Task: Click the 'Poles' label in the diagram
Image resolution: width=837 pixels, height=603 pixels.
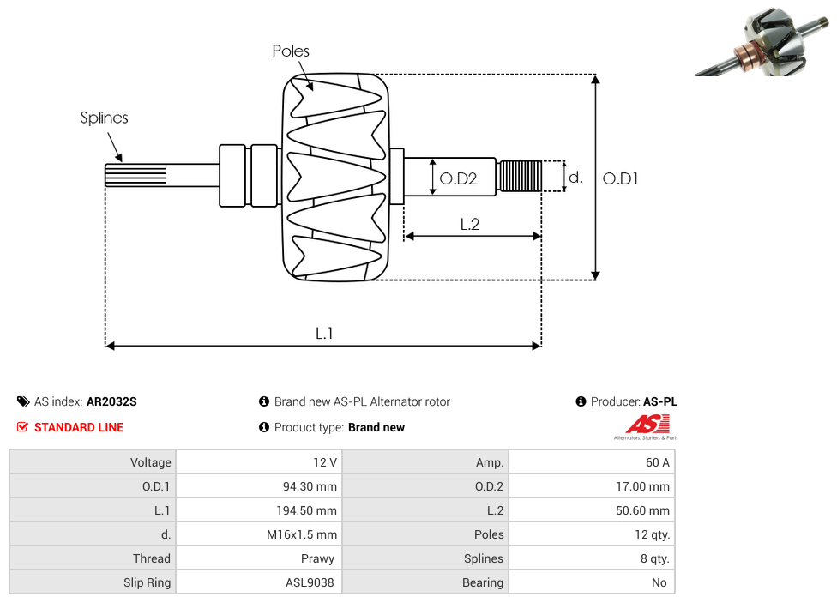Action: [x=291, y=51]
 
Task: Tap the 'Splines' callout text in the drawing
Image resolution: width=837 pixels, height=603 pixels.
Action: [x=104, y=118]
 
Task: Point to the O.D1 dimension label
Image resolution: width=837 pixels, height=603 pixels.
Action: [x=621, y=178]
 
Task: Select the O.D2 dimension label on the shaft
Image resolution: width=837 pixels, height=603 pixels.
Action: [x=458, y=178]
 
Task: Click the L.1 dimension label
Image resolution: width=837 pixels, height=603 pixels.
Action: [x=324, y=334]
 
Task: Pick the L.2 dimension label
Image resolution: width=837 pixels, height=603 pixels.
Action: [x=469, y=225]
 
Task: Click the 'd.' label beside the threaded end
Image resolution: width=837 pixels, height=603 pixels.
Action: [x=576, y=178]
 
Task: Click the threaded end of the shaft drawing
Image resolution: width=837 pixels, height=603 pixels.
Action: [x=520, y=176]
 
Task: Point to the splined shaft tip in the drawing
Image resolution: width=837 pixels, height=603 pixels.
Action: [x=135, y=175]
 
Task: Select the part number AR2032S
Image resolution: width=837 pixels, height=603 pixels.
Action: [x=111, y=401]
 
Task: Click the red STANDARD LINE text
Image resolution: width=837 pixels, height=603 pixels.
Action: [x=79, y=427]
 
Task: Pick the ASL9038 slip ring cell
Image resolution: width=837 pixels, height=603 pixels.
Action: [x=310, y=582]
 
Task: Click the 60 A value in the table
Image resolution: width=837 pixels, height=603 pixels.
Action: [x=657, y=462]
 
